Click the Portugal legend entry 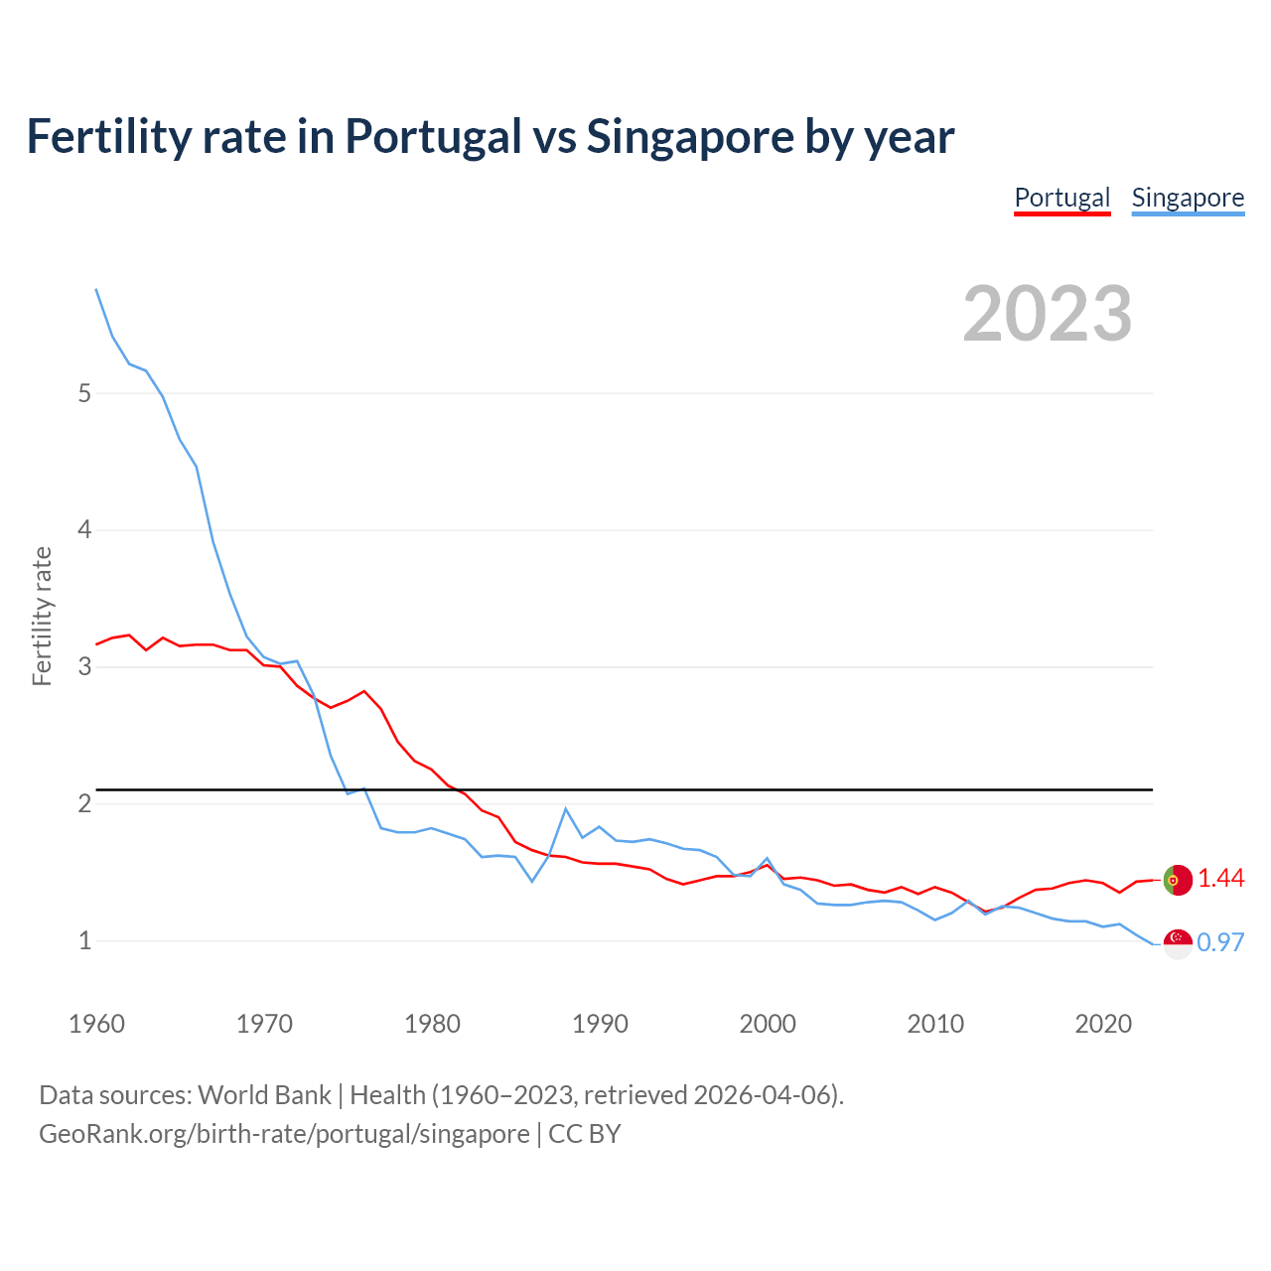(1061, 198)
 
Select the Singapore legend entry (1188, 198)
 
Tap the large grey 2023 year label (1048, 314)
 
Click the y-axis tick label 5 (84, 393)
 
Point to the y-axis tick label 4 (84, 530)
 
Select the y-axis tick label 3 (84, 666)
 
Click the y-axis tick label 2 (84, 803)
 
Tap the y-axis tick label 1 (84, 940)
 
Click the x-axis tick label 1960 (96, 1024)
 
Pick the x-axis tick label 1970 (264, 1024)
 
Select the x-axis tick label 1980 (432, 1024)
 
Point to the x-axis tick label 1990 (600, 1024)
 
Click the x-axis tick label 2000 (768, 1024)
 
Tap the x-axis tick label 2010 (935, 1024)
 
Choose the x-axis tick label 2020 (1103, 1024)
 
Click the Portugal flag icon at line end (1178, 880)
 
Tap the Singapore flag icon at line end (1178, 943)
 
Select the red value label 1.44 (1220, 879)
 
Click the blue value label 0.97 (1220, 942)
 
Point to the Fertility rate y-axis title (42, 616)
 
